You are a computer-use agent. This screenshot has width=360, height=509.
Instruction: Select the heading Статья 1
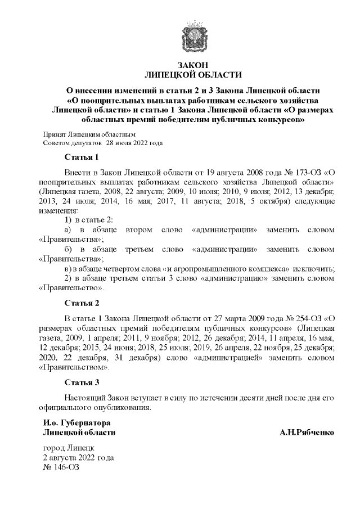(82, 156)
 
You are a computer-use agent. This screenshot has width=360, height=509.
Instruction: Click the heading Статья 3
(82, 383)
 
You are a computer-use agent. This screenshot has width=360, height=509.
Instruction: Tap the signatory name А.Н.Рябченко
(307, 433)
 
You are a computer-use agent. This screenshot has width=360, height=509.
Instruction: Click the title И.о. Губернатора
(76, 423)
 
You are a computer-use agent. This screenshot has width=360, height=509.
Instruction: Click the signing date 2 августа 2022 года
(79, 458)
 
